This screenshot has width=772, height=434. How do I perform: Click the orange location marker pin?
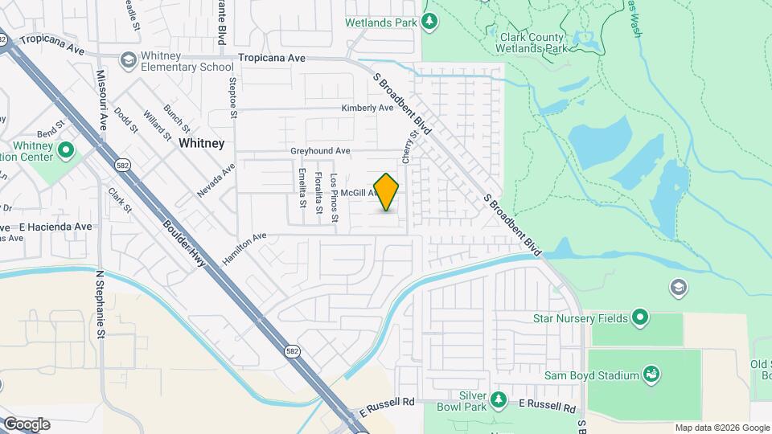pyautogui.click(x=387, y=192)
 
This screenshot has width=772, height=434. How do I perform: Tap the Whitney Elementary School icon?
pyautogui.click(x=128, y=60)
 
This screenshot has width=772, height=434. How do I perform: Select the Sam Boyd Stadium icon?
pyautogui.click(x=652, y=375)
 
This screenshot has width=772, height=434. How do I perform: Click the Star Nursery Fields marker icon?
pyautogui.click(x=640, y=318)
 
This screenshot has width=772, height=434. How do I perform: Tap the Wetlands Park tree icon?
pyautogui.click(x=430, y=22)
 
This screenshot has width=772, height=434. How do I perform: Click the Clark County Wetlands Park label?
pyautogui.click(x=534, y=43)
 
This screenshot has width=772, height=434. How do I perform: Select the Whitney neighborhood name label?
pyautogui.click(x=201, y=143)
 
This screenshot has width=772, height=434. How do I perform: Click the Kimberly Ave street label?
pyautogui.click(x=367, y=108)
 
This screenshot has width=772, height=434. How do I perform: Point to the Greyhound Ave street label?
pyautogui.click(x=320, y=150)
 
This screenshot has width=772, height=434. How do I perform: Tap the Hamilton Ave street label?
pyautogui.click(x=244, y=244)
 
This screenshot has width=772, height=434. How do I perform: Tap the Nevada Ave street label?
pyautogui.click(x=216, y=181)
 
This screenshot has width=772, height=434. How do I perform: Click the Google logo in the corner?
pyautogui.click(x=27, y=424)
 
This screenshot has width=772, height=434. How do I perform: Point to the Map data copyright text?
pyautogui.click(x=721, y=428)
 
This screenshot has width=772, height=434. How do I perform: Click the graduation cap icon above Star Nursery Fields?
pyautogui.click(x=678, y=287)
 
